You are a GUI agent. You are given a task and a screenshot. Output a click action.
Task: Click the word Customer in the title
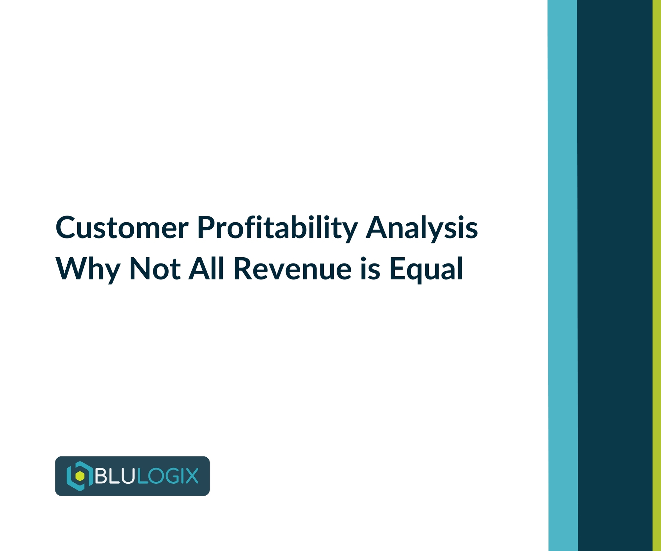click(x=122, y=228)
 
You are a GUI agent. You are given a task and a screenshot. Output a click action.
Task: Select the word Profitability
click(x=277, y=228)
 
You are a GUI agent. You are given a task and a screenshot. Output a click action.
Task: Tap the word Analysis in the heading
click(x=421, y=228)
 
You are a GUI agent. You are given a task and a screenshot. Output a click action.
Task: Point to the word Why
click(x=88, y=269)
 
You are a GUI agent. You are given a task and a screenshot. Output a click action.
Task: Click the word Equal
click(x=426, y=269)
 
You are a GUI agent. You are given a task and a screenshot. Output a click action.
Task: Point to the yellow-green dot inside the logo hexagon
click(x=80, y=476)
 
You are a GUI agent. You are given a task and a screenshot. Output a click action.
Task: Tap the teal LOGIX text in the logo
click(x=168, y=476)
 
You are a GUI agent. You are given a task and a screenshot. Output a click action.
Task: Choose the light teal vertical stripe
click(x=563, y=275)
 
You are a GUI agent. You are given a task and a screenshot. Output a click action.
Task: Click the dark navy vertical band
click(x=615, y=275)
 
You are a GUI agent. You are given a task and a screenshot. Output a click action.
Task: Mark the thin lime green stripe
click(x=657, y=275)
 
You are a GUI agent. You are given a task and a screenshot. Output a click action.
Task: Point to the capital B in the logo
click(x=101, y=476)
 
